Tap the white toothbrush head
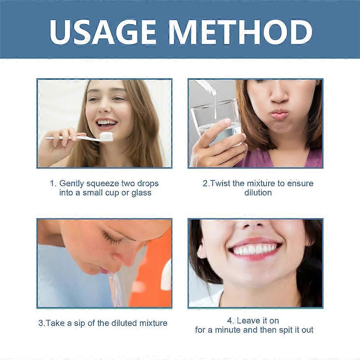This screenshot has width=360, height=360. pyautogui.click(x=105, y=136)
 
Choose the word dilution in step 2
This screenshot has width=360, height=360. pyautogui.click(x=258, y=193)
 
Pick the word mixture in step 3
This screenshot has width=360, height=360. pyautogui.click(x=152, y=323)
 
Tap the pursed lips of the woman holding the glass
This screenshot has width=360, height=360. pyautogui.click(x=279, y=114)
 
